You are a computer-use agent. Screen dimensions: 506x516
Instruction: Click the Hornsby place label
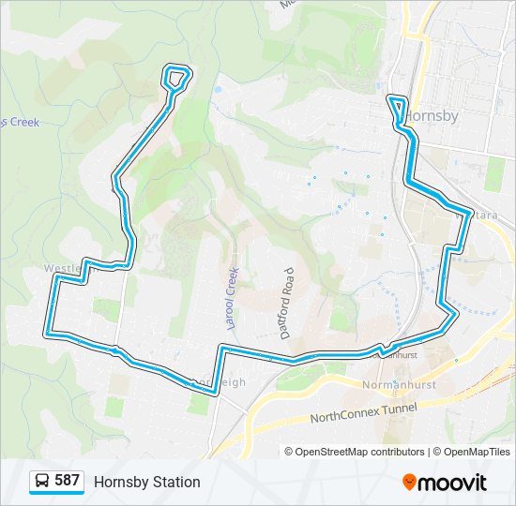click(x=433, y=116)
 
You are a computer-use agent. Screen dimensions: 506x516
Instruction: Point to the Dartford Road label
click(x=287, y=302)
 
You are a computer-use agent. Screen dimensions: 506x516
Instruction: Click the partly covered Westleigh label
click(x=64, y=269)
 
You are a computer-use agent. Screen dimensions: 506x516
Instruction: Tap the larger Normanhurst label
click(x=400, y=384)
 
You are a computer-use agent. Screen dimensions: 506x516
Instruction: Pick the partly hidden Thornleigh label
click(x=220, y=382)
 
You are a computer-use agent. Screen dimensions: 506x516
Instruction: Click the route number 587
click(x=67, y=481)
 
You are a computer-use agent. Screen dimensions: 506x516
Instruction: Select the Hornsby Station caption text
click(x=146, y=482)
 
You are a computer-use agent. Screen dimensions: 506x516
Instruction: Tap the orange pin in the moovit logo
click(x=409, y=482)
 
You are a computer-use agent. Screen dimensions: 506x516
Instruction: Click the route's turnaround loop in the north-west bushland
click(x=176, y=76)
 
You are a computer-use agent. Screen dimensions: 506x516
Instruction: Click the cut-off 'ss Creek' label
click(x=21, y=122)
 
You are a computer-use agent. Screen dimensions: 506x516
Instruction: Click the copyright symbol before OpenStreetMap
click(x=289, y=452)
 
